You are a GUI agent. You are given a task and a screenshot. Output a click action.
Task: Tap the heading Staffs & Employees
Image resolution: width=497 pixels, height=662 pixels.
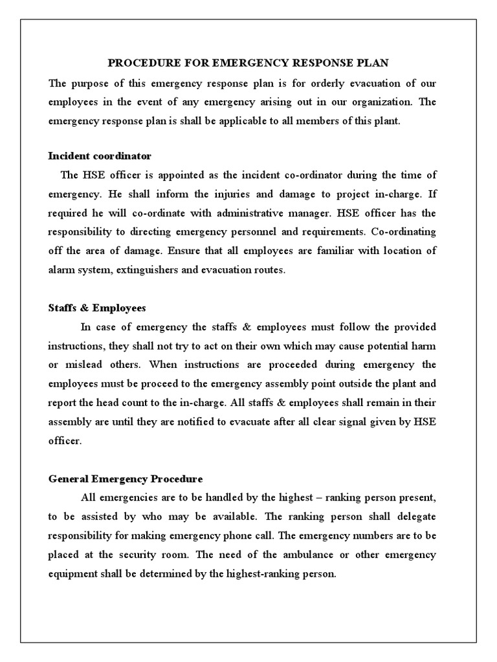click(97, 308)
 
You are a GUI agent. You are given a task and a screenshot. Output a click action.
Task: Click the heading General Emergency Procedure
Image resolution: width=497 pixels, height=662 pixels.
click(126, 479)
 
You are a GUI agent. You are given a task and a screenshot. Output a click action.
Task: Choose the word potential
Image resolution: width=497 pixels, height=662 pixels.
click(380, 346)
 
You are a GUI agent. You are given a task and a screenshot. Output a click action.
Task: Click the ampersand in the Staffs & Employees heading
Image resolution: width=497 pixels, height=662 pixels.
click(80, 308)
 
